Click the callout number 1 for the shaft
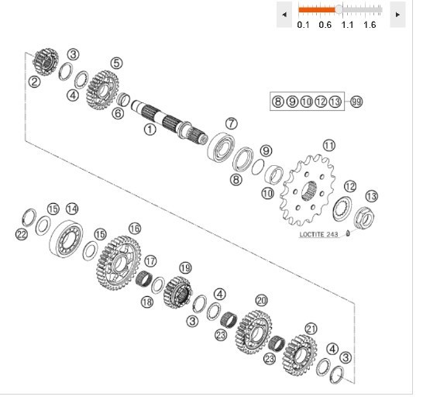point(150,129)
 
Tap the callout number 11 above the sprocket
point(329,146)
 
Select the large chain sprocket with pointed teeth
point(308,190)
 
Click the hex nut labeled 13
point(364,218)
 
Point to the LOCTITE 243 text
point(318,234)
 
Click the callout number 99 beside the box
point(356,102)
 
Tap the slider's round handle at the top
point(339,10)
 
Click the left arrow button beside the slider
point(284,14)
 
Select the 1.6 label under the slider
point(370,25)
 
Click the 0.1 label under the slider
point(303,25)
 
